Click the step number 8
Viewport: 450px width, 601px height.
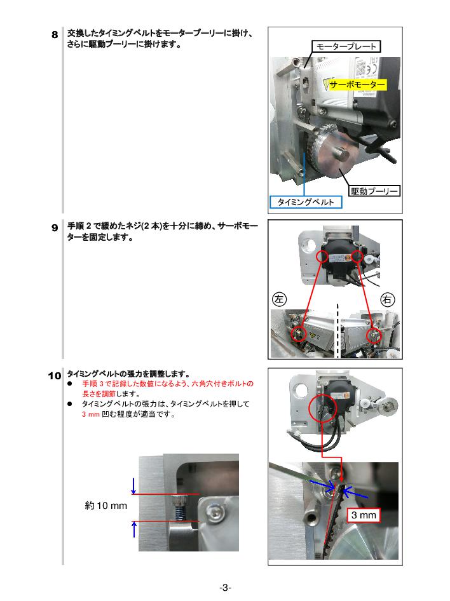click(x=55, y=35)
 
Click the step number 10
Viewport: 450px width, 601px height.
click(x=54, y=375)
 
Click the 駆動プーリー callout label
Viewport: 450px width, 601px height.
click(x=374, y=191)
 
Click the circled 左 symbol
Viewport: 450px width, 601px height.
click(x=279, y=298)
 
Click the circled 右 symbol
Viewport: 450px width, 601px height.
click(x=388, y=299)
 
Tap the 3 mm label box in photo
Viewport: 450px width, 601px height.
click(x=364, y=515)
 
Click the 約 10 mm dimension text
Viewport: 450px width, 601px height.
click(x=106, y=506)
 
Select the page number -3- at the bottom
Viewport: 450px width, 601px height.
click(x=225, y=588)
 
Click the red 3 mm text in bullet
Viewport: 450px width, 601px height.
click(x=91, y=414)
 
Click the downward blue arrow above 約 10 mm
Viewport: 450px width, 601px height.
click(x=133, y=486)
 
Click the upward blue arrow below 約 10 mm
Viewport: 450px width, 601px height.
click(x=133, y=529)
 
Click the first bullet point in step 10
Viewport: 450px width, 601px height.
click(x=71, y=384)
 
